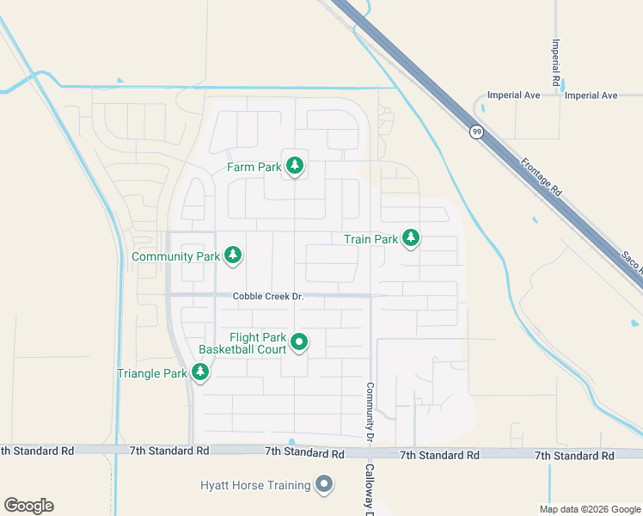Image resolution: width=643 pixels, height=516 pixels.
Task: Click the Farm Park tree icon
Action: [295, 165]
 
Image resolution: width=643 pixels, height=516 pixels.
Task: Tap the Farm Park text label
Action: [254, 167]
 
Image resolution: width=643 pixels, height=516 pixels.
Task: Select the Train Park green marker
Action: [411, 238]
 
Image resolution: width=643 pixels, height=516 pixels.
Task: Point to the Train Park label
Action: [370, 239]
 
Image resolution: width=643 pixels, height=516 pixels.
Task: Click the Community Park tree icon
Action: [232, 255]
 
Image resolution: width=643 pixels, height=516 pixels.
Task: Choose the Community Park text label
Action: [176, 256]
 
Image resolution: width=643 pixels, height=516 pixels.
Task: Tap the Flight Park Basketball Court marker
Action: [299, 342]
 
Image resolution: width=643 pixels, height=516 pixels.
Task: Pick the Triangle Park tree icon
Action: [200, 372]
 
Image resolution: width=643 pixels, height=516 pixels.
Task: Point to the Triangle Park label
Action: [151, 373]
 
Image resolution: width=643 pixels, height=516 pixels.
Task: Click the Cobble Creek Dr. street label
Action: [268, 297]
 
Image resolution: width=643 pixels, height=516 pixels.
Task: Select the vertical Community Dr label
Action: [370, 412]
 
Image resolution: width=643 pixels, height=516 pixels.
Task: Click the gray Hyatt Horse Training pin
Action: [324, 486]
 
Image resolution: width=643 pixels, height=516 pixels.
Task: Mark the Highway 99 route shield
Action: [475, 132]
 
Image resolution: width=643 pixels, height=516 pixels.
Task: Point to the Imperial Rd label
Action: [557, 59]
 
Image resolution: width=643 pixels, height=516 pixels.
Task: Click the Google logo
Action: [28, 505]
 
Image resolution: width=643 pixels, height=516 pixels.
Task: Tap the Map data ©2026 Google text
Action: [589, 509]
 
